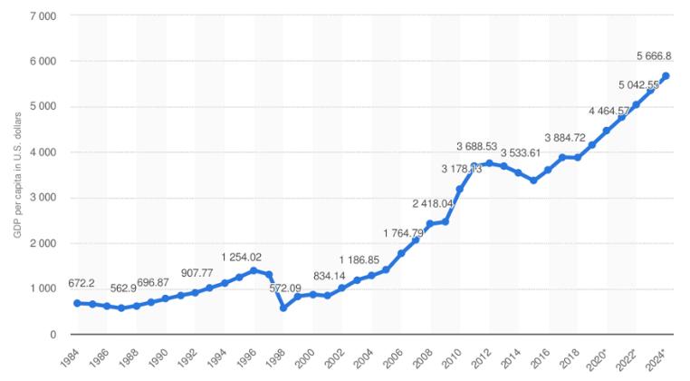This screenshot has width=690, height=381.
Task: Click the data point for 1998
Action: pyautogui.click(x=283, y=308)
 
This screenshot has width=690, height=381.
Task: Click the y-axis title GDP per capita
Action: pyautogui.click(x=17, y=176)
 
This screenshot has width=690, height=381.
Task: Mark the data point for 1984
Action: pyautogui.click(x=78, y=303)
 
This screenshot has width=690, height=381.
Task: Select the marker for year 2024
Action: pyautogui.click(x=665, y=76)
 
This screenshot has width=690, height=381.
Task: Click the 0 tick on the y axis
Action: pyautogui.click(x=53, y=335)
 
